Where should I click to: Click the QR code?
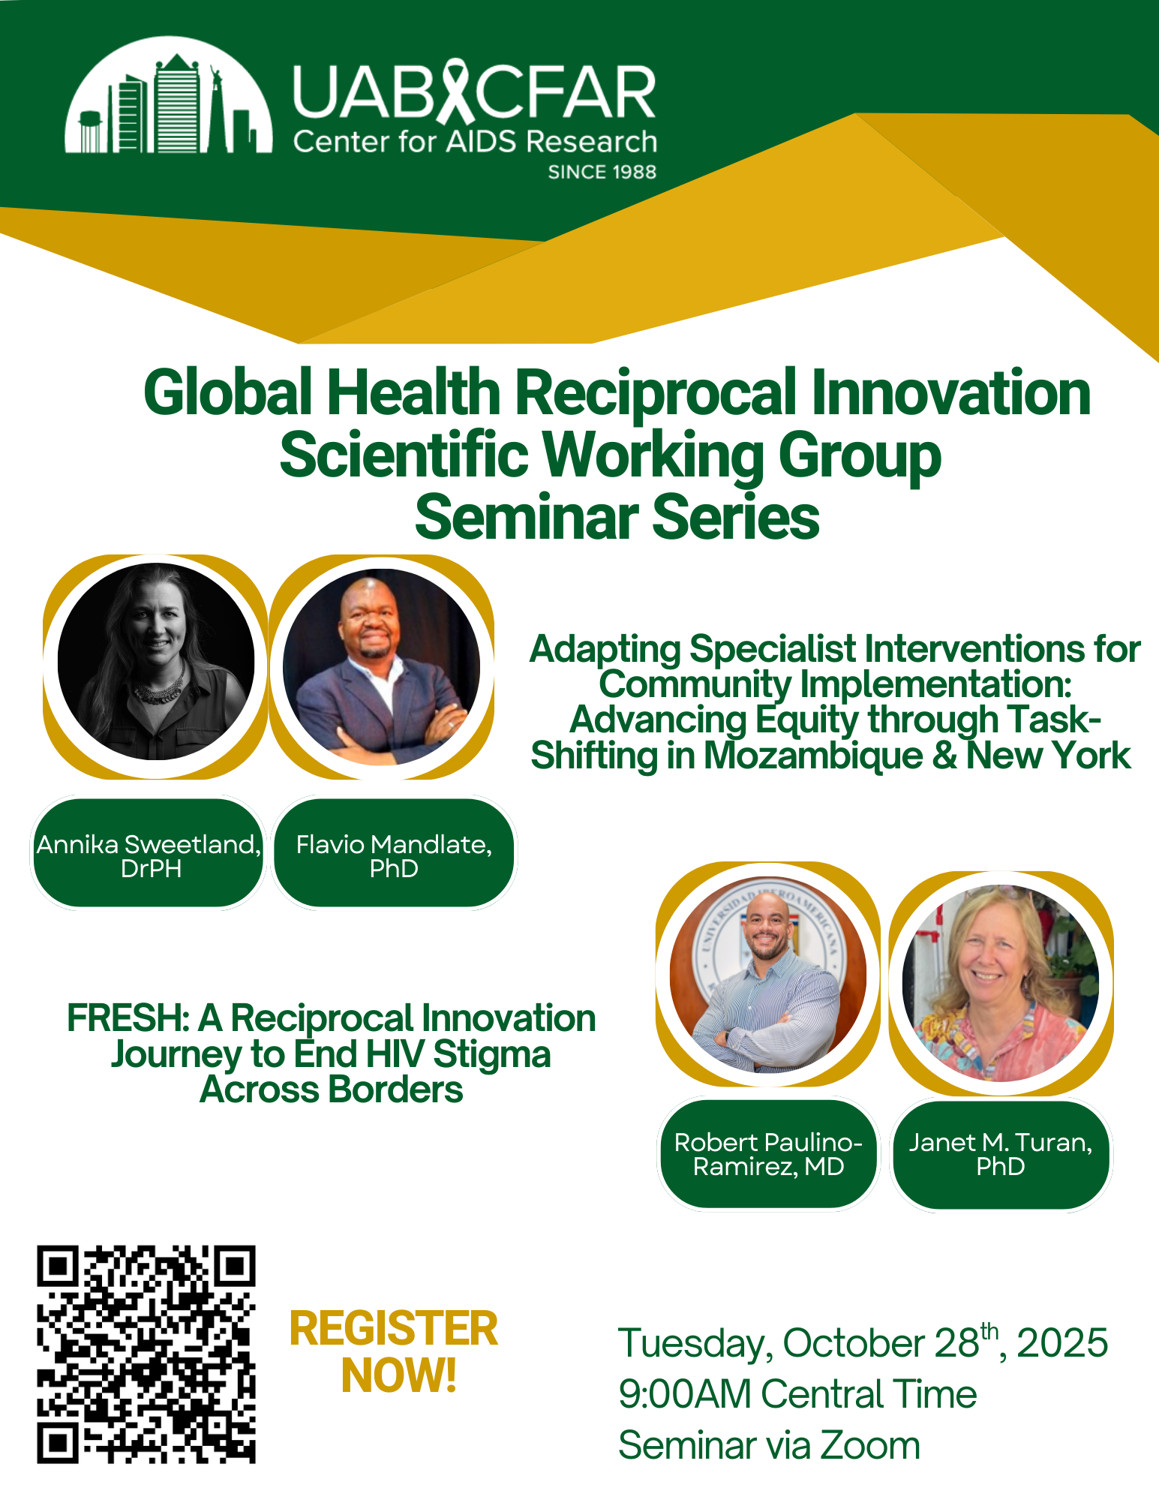click(146, 1354)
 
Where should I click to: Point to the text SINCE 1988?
click(602, 172)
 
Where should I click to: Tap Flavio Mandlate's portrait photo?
click(381, 666)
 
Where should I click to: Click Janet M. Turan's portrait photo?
click(1000, 983)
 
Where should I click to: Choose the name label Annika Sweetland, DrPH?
click(149, 855)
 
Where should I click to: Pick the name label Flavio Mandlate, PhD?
click(394, 855)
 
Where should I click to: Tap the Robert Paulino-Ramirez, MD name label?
click(768, 1154)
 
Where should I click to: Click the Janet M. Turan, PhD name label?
click(1000, 1154)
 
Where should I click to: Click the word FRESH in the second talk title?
click(127, 1018)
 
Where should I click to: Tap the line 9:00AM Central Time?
click(797, 1394)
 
